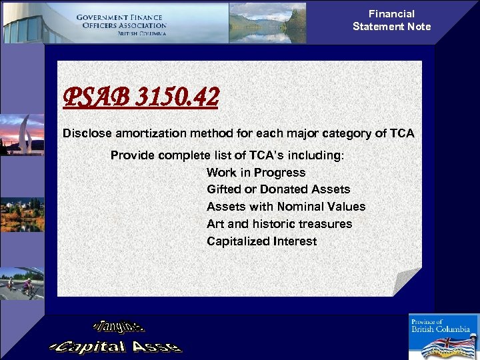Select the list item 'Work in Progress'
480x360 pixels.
pos(256,172)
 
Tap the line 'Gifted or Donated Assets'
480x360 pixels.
pos(278,189)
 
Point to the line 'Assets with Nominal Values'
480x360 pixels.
pos(286,207)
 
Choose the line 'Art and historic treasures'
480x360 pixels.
pos(279,224)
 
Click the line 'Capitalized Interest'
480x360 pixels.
pos(261,241)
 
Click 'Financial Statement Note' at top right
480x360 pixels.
pos(391,20)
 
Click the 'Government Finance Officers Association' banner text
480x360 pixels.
pos(121,25)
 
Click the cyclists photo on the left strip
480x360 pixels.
pos(21,283)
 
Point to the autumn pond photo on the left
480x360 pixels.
pos(21,213)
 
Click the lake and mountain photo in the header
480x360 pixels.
pos(267,23)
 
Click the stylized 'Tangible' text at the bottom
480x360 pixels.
pos(119,326)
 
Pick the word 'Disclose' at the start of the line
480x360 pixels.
pos(86,133)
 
